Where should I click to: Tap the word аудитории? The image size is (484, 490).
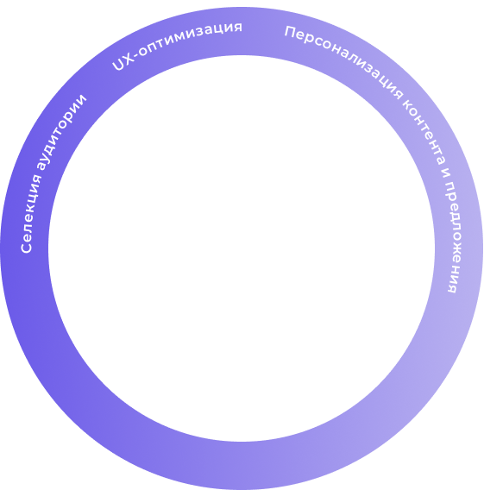tap(61, 131)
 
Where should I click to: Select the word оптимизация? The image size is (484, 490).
tap(190, 40)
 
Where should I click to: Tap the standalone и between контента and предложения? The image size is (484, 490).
tap(446, 173)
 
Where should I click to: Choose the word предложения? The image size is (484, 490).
tap(453, 237)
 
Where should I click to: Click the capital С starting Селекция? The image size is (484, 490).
tap(26, 247)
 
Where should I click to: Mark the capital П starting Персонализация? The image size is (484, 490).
tap(291, 32)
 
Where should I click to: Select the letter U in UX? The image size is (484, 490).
tap(118, 66)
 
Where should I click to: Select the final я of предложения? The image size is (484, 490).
tap(452, 289)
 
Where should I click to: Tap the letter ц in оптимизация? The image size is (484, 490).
tap(219, 31)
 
